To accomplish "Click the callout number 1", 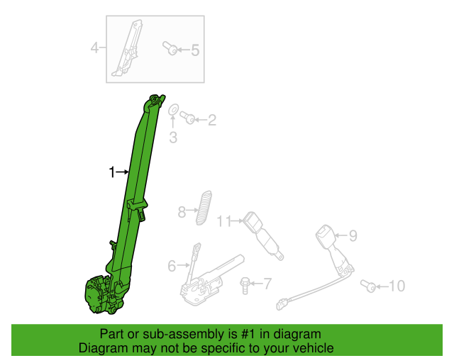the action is (112, 172).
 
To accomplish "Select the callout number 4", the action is (94, 48).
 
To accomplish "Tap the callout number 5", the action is (195, 50).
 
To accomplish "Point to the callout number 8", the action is (182, 212).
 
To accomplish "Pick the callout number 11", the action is (224, 221).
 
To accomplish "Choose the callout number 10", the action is (397, 286).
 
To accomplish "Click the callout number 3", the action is (173, 138).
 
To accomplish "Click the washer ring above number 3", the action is (173, 109).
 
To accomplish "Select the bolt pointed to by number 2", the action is (187, 118).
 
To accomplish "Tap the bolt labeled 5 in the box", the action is (170, 48).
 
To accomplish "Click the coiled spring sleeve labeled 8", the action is (204, 208).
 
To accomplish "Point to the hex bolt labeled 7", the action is (245, 286).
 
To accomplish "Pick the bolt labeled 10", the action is (368, 286).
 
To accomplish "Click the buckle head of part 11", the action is (251, 221).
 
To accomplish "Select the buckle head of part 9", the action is (325, 235).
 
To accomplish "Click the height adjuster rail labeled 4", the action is (128, 48).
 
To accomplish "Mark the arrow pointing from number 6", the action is (183, 264).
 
